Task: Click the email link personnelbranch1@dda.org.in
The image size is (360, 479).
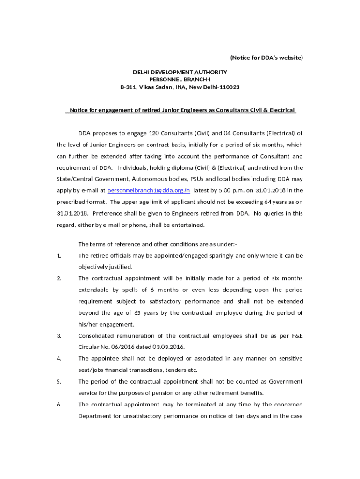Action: [x=148, y=190]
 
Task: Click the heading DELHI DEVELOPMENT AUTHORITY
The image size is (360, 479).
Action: [x=180, y=72]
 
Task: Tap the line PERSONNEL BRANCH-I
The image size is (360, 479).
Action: [x=180, y=80]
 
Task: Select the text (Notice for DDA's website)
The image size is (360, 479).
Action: [x=266, y=58]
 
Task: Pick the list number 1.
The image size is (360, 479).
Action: [x=59, y=256]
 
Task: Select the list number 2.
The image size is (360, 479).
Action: [x=59, y=279]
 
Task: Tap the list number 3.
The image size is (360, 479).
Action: [x=59, y=336]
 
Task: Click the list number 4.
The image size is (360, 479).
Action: [x=59, y=359]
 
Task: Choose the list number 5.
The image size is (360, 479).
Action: [x=59, y=382]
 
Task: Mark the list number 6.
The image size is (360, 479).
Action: [x=59, y=405]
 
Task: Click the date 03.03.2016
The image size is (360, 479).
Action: [x=172, y=347]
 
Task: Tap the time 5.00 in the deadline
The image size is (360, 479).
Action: [x=224, y=190]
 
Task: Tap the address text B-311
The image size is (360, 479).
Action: [x=128, y=87]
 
